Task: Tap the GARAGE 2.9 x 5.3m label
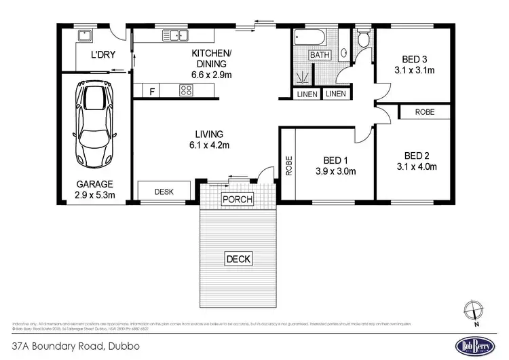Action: (x=94, y=190)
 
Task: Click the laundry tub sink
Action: (x=85, y=35)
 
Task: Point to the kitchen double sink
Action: (x=175, y=36)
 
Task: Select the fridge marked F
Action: (x=151, y=90)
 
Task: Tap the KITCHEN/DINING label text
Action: (x=212, y=64)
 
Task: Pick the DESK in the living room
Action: (x=164, y=192)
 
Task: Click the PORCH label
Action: (x=238, y=200)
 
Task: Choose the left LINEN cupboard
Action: (x=307, y=94)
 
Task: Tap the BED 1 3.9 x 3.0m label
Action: (x=330, y=166)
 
